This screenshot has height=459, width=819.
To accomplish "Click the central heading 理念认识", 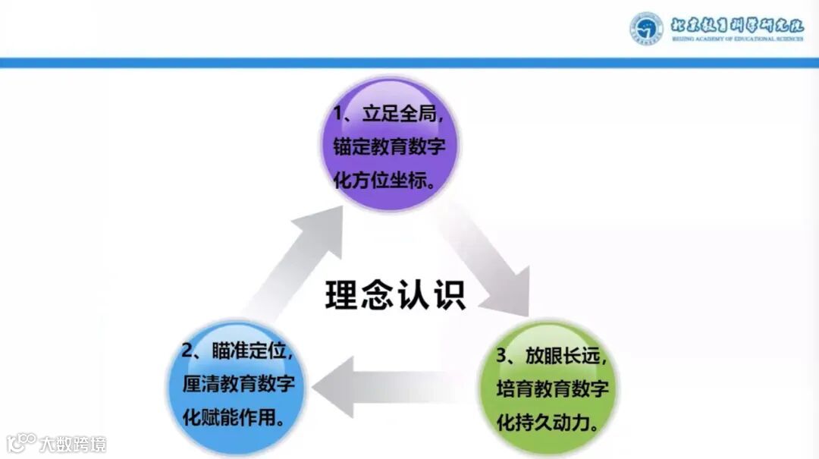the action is (395, 294).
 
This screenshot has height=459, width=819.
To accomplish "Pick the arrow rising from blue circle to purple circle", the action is (292, 258).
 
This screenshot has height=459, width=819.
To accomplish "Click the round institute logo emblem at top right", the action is (645, 28).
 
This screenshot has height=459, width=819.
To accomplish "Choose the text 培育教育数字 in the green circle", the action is (553, 389).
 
